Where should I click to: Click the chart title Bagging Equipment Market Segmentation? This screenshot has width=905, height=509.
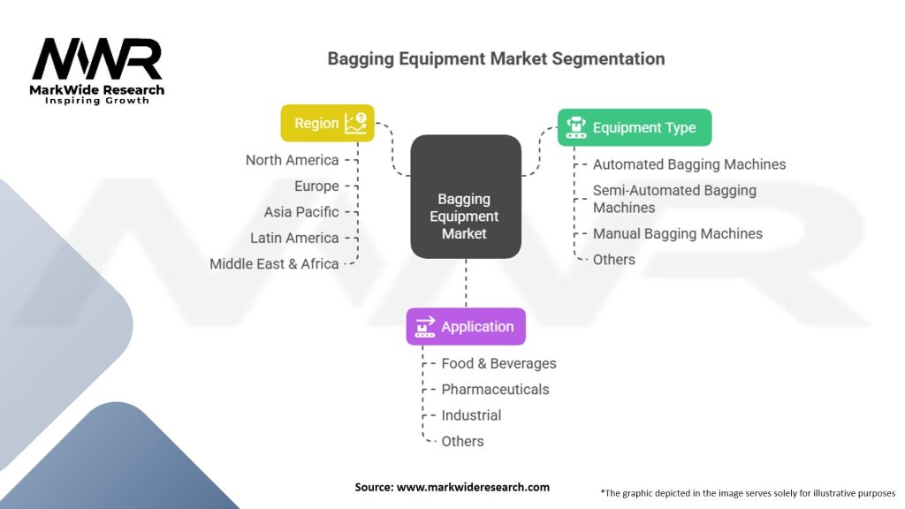496,59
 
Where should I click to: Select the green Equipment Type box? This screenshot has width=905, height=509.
634,127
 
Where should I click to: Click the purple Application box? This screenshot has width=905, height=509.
466,326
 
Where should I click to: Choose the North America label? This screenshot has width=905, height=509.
292,160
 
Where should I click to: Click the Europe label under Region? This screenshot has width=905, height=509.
316,186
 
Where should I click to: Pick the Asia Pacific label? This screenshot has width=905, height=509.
300,212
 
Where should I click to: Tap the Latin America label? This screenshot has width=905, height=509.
294,238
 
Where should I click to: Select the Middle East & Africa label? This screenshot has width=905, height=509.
274,263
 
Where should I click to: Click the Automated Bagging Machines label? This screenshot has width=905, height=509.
688,164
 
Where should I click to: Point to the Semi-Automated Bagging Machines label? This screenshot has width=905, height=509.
674,199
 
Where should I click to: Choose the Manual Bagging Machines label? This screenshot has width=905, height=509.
677,233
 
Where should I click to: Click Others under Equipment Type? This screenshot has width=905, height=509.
613,259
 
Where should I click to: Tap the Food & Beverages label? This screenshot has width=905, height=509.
498,363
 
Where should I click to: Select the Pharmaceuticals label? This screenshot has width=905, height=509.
495,389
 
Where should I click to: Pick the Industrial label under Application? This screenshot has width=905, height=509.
471,415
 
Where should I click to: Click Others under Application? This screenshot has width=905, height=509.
462,441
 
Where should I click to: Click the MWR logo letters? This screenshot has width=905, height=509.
97,60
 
